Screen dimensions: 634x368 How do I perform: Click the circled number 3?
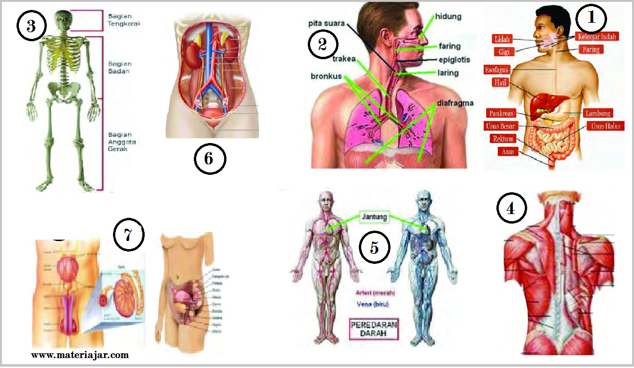(31, 26)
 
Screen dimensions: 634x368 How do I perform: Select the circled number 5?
(374, 248)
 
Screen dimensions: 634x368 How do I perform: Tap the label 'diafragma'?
(455, 103)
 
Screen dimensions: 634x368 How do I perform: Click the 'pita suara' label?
(326, 23)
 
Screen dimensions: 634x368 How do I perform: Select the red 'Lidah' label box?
(502, 39)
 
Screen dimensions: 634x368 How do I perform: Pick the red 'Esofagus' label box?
(497, 70)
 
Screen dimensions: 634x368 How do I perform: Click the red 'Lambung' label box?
(598, 113)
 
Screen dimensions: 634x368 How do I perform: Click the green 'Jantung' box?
(374, 217)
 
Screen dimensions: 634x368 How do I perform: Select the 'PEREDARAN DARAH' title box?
(374, 329)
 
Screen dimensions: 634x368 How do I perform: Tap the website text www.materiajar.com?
(80, 355)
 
